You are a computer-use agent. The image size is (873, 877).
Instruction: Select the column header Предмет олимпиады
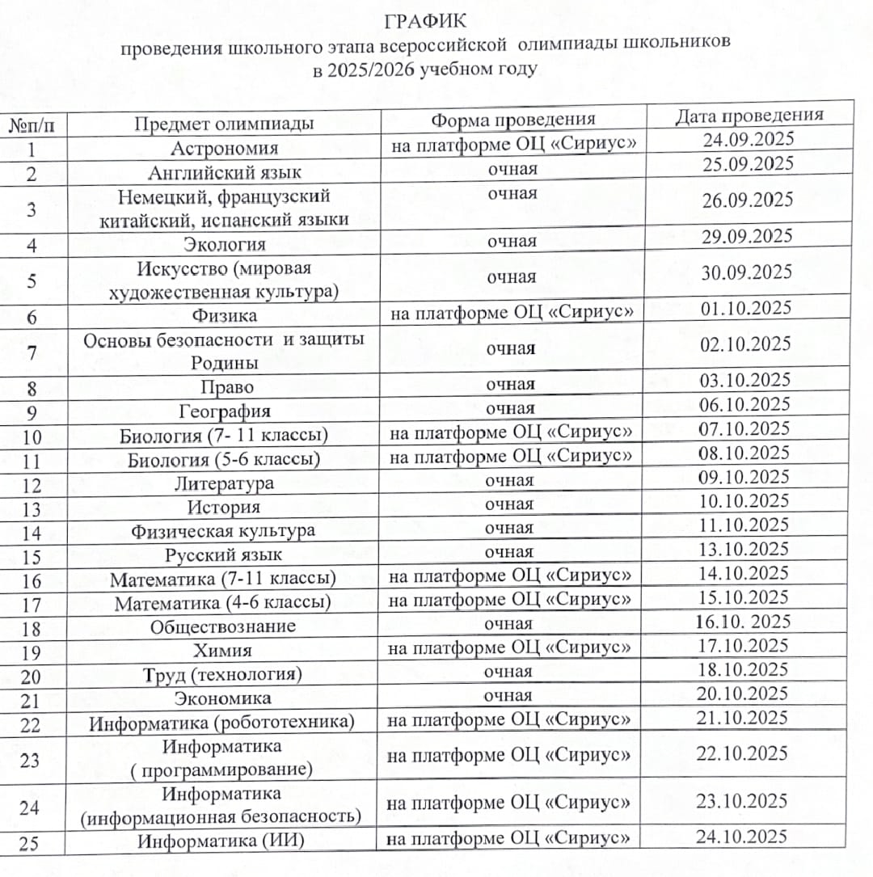coord(224,124)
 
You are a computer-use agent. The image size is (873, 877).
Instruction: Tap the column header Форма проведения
coord(512,120)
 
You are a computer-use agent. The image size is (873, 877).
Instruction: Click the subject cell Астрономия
coord(224,148)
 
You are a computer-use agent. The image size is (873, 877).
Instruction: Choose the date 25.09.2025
coord(749,163)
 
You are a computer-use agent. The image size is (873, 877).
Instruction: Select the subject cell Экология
coord(224,244)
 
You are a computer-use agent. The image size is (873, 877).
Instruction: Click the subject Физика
coord(224,315)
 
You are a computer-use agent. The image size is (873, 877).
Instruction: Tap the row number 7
coord(32,352)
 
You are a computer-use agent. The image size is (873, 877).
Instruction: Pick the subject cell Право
coord(227,387)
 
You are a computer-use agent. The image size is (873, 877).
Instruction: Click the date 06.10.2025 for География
coord(744,404)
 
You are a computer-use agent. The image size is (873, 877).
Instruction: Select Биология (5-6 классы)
coord(224,460)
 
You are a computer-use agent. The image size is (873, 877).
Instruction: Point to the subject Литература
coord(224,483)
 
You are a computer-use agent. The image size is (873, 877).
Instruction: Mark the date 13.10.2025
coord(744,549)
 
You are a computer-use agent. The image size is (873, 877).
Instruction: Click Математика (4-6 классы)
coord(222,603)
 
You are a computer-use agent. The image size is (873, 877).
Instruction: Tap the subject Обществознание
coord(222,626)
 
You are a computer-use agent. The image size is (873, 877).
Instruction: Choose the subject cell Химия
coord(222,650)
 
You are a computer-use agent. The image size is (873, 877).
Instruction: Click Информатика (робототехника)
coord(221,722)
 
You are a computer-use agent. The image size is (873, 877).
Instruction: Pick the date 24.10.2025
coord(741,836)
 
